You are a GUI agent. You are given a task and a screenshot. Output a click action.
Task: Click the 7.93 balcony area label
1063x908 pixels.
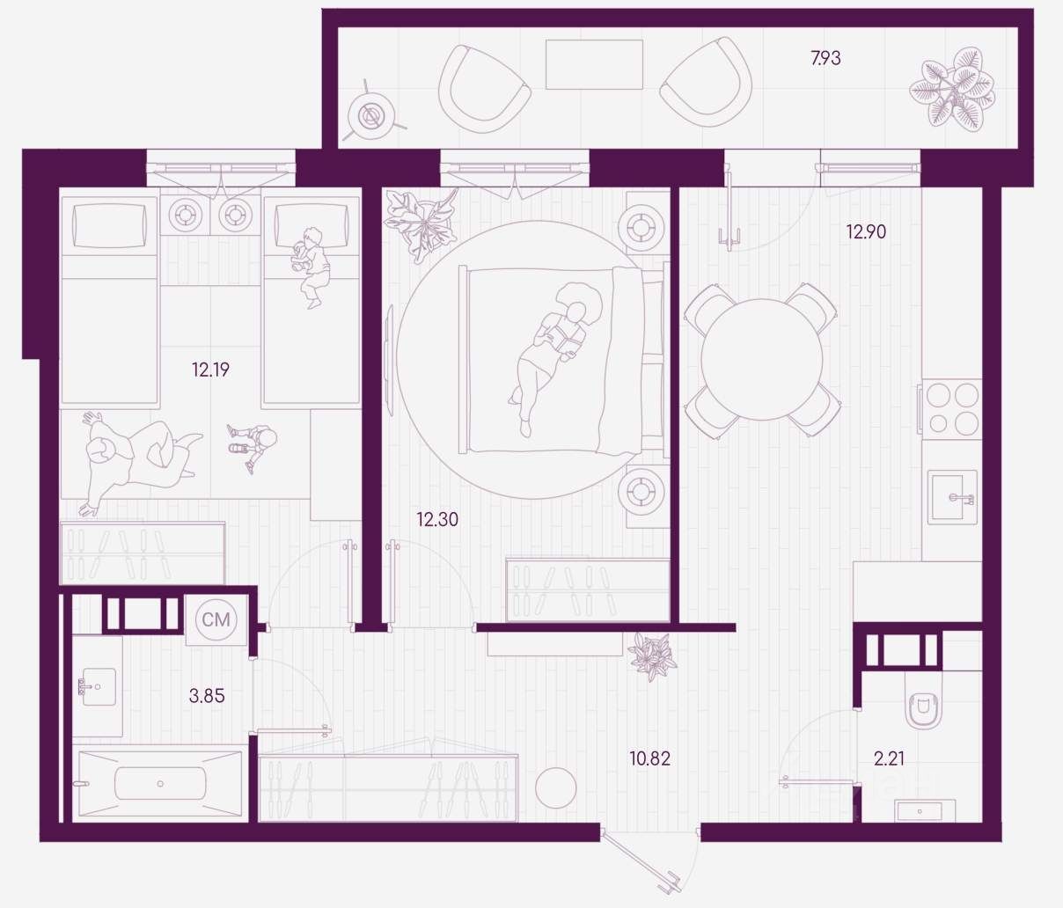[x=825, y=59]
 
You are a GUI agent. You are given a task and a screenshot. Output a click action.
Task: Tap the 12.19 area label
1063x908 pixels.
[x=210, y=370]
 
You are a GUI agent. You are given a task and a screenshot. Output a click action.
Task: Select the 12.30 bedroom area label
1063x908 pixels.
[x=437, y=520]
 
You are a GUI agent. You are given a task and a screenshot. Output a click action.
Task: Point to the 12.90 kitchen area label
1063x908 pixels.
[x=866, y=232]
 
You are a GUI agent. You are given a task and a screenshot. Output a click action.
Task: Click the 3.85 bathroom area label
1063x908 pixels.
[x=207, y=696]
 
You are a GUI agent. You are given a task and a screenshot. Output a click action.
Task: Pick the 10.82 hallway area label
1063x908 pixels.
[x=650, y=758]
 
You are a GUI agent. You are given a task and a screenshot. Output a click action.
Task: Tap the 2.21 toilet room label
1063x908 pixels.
[x=889, y=758]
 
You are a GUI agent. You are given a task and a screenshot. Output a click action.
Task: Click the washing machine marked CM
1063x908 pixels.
[x=216, y=620]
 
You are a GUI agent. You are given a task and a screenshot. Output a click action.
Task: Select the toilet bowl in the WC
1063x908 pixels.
[x=923, y=707]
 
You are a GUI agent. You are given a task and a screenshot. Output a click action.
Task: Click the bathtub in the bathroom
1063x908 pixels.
[x=160, y=782]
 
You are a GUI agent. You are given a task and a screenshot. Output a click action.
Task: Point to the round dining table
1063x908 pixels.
[x=761, y=359]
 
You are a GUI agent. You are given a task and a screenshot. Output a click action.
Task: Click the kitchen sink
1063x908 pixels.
[x=951, y=497]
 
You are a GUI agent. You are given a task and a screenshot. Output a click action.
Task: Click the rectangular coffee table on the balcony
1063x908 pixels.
[x=594, y=64]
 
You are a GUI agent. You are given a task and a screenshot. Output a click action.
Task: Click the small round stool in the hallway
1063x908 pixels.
[x=555, y=787]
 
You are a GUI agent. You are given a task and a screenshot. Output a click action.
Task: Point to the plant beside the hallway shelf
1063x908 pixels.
[x=652, y=655]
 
